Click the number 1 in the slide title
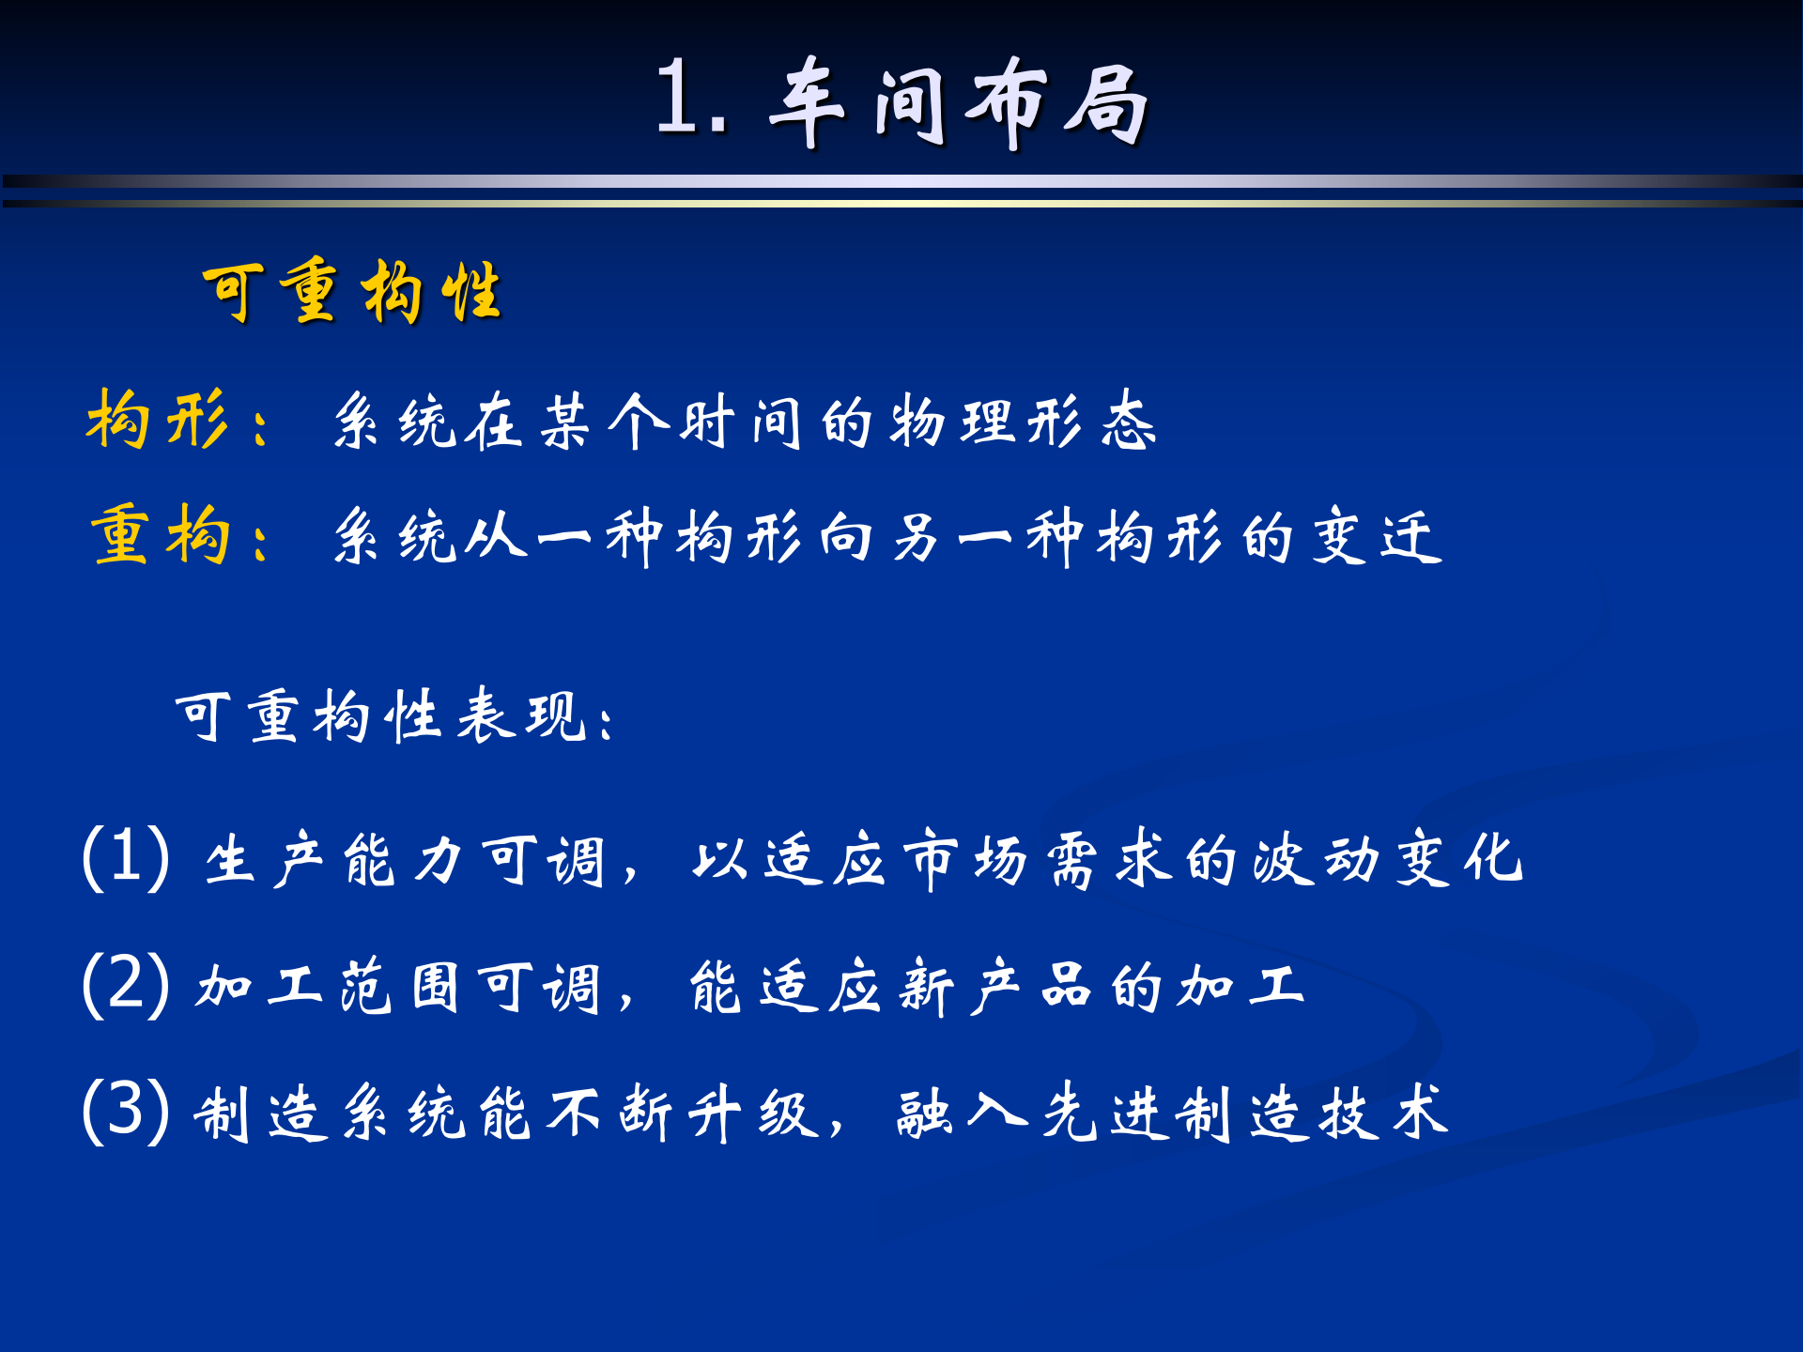pyautogui.click(x=678, y=98)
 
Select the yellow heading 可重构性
pyautogui.click(x=352, y=292)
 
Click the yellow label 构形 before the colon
pyautogui.click(x=157, y=420)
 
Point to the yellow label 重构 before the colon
pyautogui.click(x=161, y=535)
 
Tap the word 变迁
pyautogui.click(x=1377, y=537)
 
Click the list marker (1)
pyautogui.click(x=126, y=857)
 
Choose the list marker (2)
pyautogui.click(x=126, y=984)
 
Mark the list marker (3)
pyautogui.click(x=126, y=1111)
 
